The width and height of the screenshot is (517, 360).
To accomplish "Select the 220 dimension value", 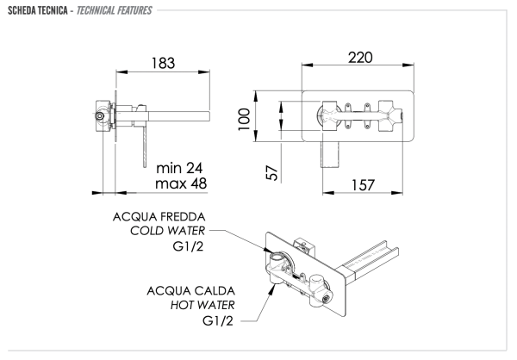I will (360, 59).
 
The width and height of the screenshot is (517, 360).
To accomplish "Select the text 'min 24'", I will (178, 167).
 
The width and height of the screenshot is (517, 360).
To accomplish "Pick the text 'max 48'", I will (179, 183).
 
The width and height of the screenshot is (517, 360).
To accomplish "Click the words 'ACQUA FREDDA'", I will (159, 216).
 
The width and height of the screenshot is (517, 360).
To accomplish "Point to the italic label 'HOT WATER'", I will (196, 305).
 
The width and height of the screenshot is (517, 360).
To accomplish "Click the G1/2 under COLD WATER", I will (189, 248).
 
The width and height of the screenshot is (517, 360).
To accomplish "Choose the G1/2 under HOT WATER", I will (219, 321).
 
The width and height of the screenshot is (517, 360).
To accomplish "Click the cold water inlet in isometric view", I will (277, 258).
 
